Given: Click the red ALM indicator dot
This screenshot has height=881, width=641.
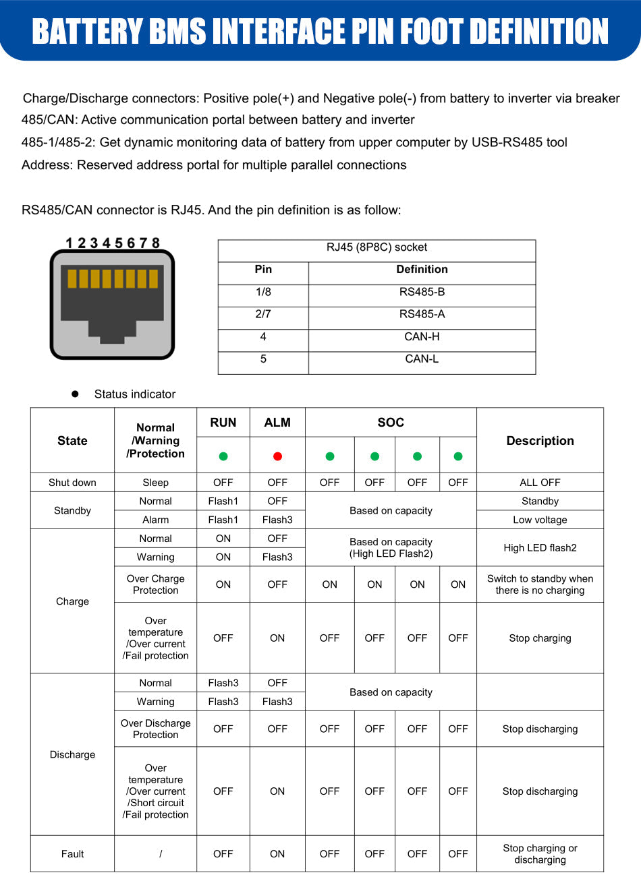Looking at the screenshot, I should click(x=277, y=456).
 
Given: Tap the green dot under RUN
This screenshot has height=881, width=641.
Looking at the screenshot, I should click(x=223, y=456).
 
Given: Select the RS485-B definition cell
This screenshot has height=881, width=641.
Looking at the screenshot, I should click(x=422, y=292).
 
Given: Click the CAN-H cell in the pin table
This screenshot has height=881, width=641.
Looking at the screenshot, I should click(x=422, y=336).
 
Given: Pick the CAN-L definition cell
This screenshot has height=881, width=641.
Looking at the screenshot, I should click(x=422, y=359).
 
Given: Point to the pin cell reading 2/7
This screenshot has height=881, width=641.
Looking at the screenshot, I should click(x=263, y=314).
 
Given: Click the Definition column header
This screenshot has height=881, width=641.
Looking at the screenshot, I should click(x=422, y=269).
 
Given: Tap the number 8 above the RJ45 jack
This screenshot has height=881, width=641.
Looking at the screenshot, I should click(x=156, y=243).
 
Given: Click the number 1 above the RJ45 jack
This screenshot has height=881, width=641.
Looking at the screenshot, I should click(x=69, y=243).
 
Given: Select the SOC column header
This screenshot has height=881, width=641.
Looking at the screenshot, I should click(x=391, y=423).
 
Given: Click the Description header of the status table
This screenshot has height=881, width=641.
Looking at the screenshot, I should click(x=540, y=441).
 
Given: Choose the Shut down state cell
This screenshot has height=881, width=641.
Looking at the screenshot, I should click(x=72, y=483).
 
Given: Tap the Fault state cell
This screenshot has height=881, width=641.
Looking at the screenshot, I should click(x=72, y=854).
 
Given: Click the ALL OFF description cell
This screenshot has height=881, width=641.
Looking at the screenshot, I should click(x=540, y=483).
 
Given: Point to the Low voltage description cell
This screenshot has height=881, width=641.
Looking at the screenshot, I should click(x=540, y=520).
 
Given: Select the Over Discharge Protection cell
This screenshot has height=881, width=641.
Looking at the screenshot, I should click(x=155, y=729).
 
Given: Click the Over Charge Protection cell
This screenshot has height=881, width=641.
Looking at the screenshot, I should click(x=155, y=584).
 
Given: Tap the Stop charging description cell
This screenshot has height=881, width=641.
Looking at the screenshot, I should click(x=540, y=638).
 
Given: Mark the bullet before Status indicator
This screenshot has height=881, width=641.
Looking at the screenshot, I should click(x=76, y=394).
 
